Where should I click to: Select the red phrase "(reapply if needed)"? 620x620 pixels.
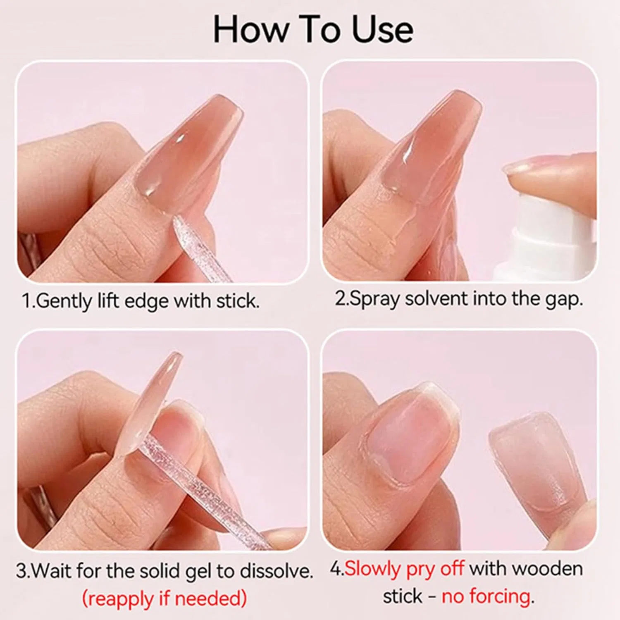click(165, 598)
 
